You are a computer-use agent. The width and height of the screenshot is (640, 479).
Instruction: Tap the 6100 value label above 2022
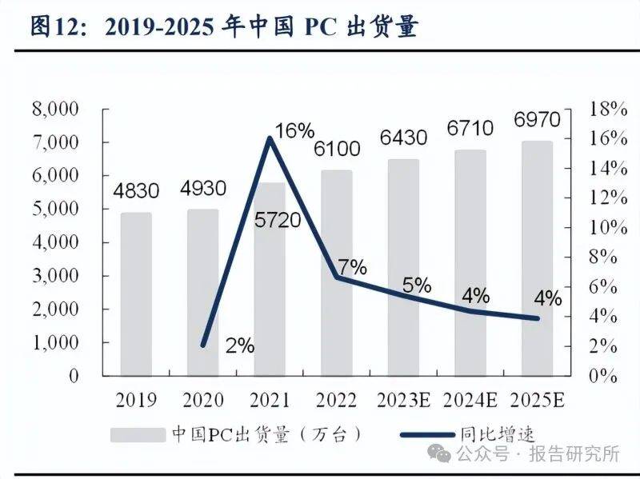[x=337, y=149]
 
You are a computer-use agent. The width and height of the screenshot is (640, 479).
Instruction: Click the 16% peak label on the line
[x=294, y=130]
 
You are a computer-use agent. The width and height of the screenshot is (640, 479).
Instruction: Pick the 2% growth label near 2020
[x=238, y=345]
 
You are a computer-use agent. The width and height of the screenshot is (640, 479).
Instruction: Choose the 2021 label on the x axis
[x=269, y=399]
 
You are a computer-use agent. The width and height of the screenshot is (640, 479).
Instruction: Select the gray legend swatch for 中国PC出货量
[x=138, y=435]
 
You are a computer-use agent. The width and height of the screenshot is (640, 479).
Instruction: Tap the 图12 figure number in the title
[x=56, y=26]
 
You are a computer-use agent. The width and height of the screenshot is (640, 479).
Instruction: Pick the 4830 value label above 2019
[x=136, y=191]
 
